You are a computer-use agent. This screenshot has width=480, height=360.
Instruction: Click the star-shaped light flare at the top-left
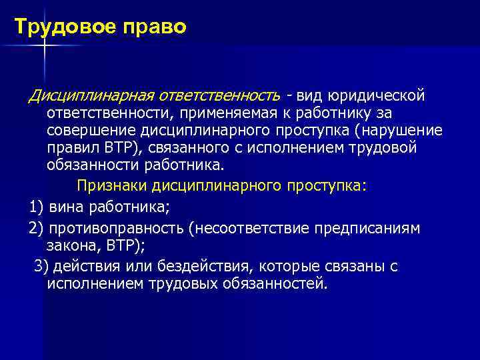click(x=45, y=45)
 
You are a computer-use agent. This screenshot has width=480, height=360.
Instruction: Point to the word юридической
click(x=379, y=97)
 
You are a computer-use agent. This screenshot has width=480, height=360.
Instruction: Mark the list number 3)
click(x=40, y=267)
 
